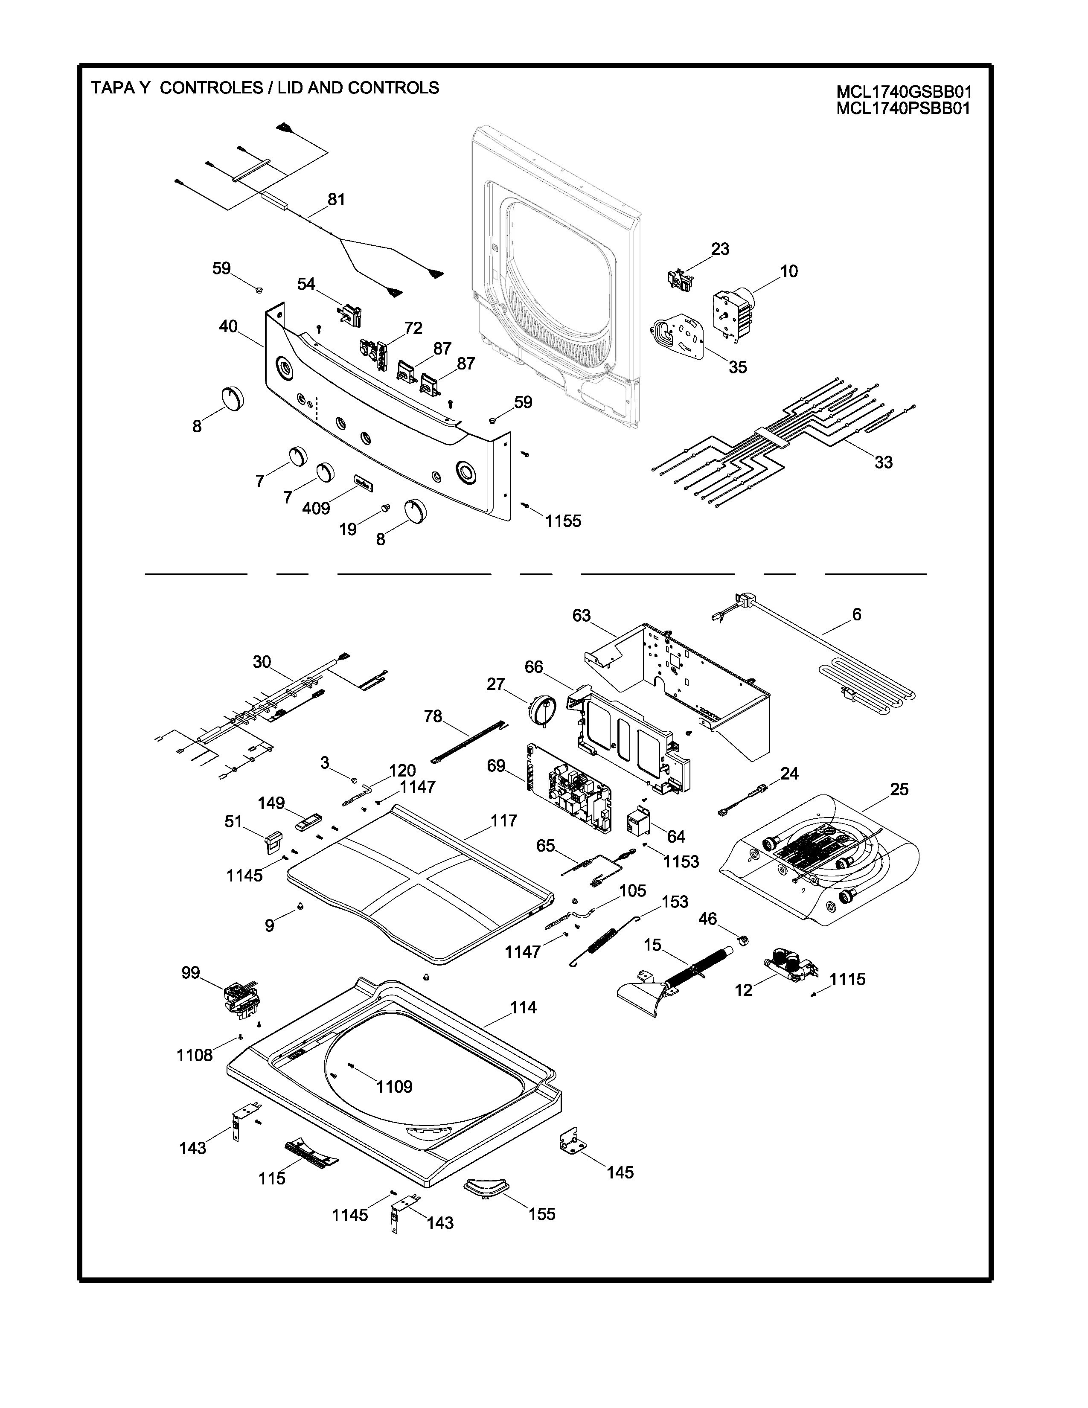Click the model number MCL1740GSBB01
click(904, 92)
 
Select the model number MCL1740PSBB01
click(903, 108)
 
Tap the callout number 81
click(337, 200)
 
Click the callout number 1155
click(563, 521)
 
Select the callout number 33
click(884, 462)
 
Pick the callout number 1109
click(395, 1087)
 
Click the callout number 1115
click(848, 979)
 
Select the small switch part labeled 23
click(679, 279)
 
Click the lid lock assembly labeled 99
click(241, 999)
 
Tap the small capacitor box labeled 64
click(641, 819)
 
